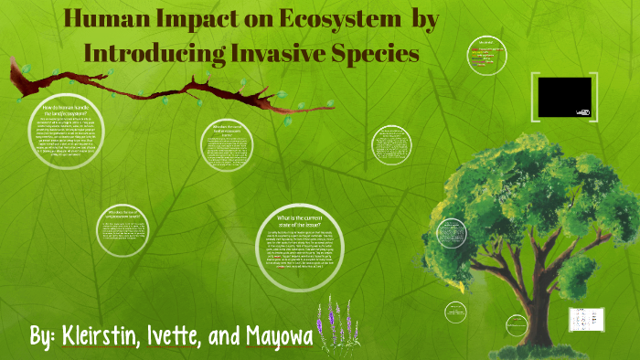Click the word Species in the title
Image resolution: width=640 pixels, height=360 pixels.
tap(378, 53)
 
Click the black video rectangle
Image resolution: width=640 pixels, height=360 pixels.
tap(564, 96)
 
